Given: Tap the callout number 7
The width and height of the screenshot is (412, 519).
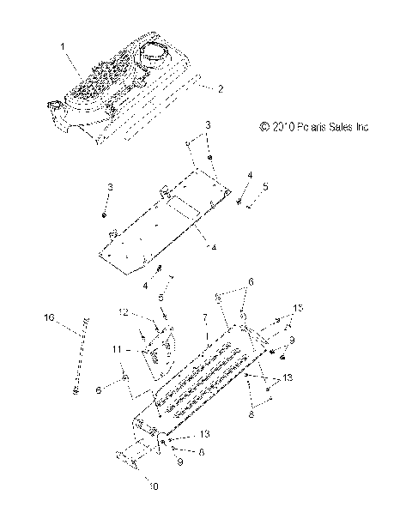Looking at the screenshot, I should [x=205, y=317].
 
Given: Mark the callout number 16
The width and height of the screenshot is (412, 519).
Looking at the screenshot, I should [x=49, y=317].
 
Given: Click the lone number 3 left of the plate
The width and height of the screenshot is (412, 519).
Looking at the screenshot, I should [x=110, y=186].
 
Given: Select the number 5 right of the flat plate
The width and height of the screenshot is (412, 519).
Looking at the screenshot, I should [x=242, y=186].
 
